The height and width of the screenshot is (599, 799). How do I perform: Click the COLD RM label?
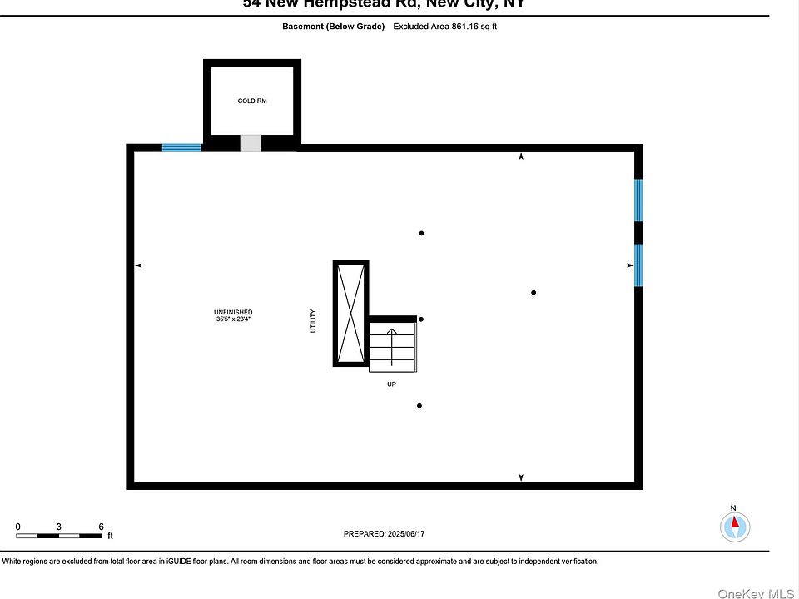pos(252,101)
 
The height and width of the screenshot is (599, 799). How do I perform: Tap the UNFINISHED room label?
pos(233,312)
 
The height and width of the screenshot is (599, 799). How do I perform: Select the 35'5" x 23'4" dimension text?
pos(233,319)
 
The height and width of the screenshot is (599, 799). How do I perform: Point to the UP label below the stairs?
pos(391,385)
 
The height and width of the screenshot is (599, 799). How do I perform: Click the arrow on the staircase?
pos(391,341)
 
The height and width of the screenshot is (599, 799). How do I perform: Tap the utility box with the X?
pos(350,313)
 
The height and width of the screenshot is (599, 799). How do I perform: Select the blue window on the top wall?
pos(181,148)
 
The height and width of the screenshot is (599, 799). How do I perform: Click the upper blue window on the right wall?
pos(638,200)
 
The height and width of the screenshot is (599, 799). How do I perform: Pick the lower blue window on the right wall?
pos(638,265)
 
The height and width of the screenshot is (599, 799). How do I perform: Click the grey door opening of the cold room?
pos(251,143)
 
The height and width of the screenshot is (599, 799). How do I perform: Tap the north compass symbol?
pos(735,527)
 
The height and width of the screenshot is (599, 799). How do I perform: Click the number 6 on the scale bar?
pos(101,527)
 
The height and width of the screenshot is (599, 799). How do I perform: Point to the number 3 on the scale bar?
pos(59,527)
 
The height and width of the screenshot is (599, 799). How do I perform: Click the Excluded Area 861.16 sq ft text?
pos(445,27)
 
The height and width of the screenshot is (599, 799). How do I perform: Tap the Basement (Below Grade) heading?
pos(334,27)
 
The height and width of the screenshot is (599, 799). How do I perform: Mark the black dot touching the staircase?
pos(421,319)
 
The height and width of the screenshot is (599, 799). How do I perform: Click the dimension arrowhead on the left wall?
pos(139,265)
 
